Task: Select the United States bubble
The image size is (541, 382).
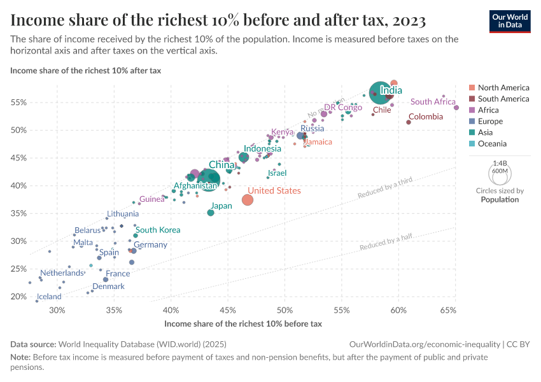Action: (x=248, y=200)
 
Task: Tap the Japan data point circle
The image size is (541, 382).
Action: (x=211, y=213)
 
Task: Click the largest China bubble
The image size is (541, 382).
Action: (x=208, y=180)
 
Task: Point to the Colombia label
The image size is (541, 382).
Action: (x=426, y=117)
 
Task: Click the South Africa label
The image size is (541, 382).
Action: (x=433, y=102)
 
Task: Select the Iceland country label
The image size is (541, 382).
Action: (x=49, y=297)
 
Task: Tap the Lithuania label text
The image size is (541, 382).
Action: (x=123, y=214)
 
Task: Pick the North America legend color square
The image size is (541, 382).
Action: (x=472, y=87)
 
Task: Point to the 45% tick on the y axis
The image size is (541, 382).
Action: (x=18, y=158)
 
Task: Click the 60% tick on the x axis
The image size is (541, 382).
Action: (x=398, y=310)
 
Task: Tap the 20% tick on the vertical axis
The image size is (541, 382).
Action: (x=18, y=297)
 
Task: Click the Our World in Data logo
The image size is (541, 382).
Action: (x=510, y=22)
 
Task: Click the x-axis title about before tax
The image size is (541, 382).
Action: (x=243, y=323)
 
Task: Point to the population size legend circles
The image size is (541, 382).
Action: (x=500, y=172)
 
